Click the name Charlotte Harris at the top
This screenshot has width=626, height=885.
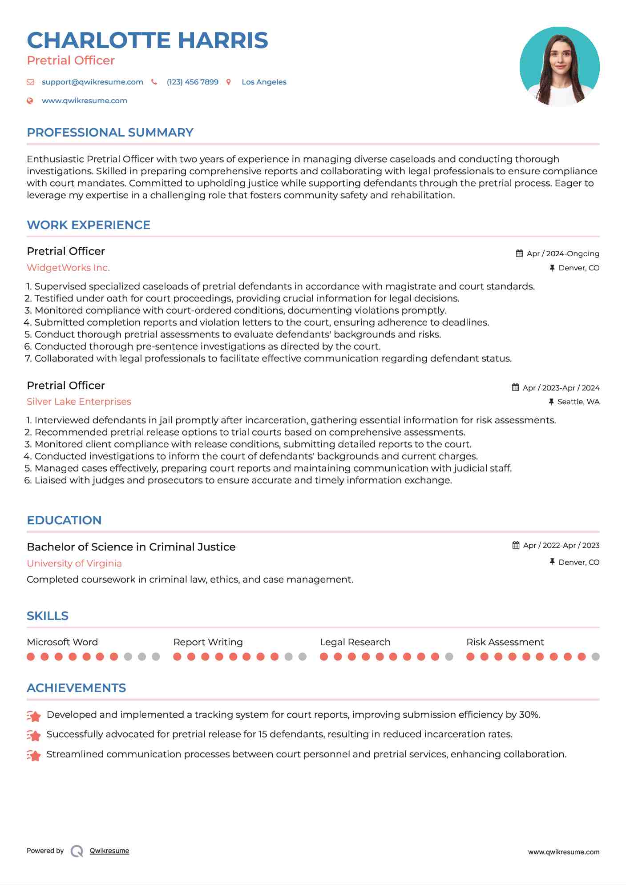[x=147, y=40]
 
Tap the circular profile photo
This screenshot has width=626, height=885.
[x=559, y=66]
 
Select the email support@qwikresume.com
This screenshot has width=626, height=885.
[x=92, y=82]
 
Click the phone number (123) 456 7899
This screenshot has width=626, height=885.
[x=192, y=82]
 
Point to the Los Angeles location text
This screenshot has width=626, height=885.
[x=264, y=82]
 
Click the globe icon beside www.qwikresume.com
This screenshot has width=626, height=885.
[x=30, y=101]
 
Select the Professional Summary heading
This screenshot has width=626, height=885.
[x=110, y=133]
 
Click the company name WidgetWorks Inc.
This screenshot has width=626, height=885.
[x=68, y=268]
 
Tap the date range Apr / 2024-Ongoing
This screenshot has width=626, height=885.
[x=562, y=253]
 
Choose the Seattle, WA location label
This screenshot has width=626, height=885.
[x=578, y=402]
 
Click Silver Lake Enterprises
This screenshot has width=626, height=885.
[x=79, y=402]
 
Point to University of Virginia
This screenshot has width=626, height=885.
[x=74, y=563]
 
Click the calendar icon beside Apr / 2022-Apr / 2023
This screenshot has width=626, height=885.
[x=516, y=545]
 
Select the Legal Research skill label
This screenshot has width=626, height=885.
[x=355, y=642]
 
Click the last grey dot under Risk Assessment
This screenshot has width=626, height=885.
[x=595, y=657]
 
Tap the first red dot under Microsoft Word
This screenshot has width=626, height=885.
[x=31, y=657]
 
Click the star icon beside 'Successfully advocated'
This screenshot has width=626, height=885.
[x=34, y=736]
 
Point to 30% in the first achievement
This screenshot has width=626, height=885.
[x=529, y=715]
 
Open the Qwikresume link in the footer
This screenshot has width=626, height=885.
[x=109, y=851]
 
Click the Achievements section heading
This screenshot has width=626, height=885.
[x=76, y=688]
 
